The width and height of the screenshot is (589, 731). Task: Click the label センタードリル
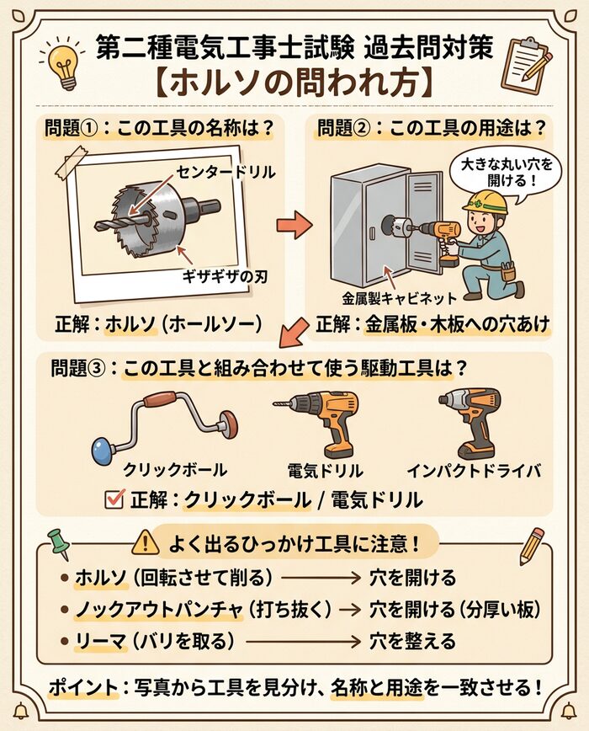tap(226, 173)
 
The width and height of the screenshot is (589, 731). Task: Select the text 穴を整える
tap(413, 642)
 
